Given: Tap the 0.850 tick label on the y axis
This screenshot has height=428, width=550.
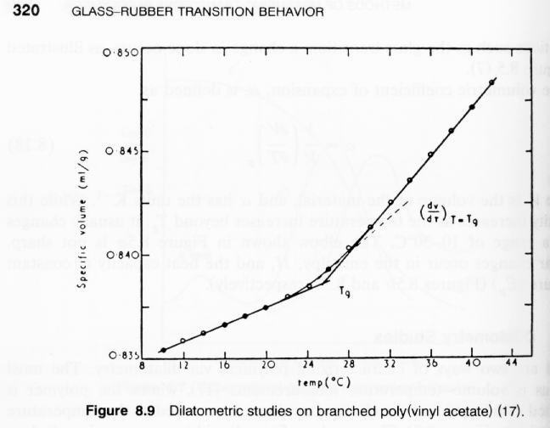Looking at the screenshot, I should coord(121,53).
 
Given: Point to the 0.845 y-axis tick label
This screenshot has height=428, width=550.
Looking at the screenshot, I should coord(121,151).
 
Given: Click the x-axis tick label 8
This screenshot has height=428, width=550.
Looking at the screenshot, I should coord(144,367).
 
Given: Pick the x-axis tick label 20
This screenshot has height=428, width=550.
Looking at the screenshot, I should coord(266,366).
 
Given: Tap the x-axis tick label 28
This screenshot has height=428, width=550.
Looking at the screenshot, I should coord(348,366).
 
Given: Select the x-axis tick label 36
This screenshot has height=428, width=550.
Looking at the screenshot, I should coord(430,366).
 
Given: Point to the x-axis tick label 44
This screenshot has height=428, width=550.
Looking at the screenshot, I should coord(512,366).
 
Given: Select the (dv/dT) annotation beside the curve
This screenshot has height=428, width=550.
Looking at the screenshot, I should coord(450,209).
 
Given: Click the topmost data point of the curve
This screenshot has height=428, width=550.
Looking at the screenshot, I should coord(493,82).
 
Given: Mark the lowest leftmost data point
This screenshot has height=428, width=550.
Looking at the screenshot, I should coord(162,350).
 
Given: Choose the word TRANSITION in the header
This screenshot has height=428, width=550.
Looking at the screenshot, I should coord(182,12).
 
